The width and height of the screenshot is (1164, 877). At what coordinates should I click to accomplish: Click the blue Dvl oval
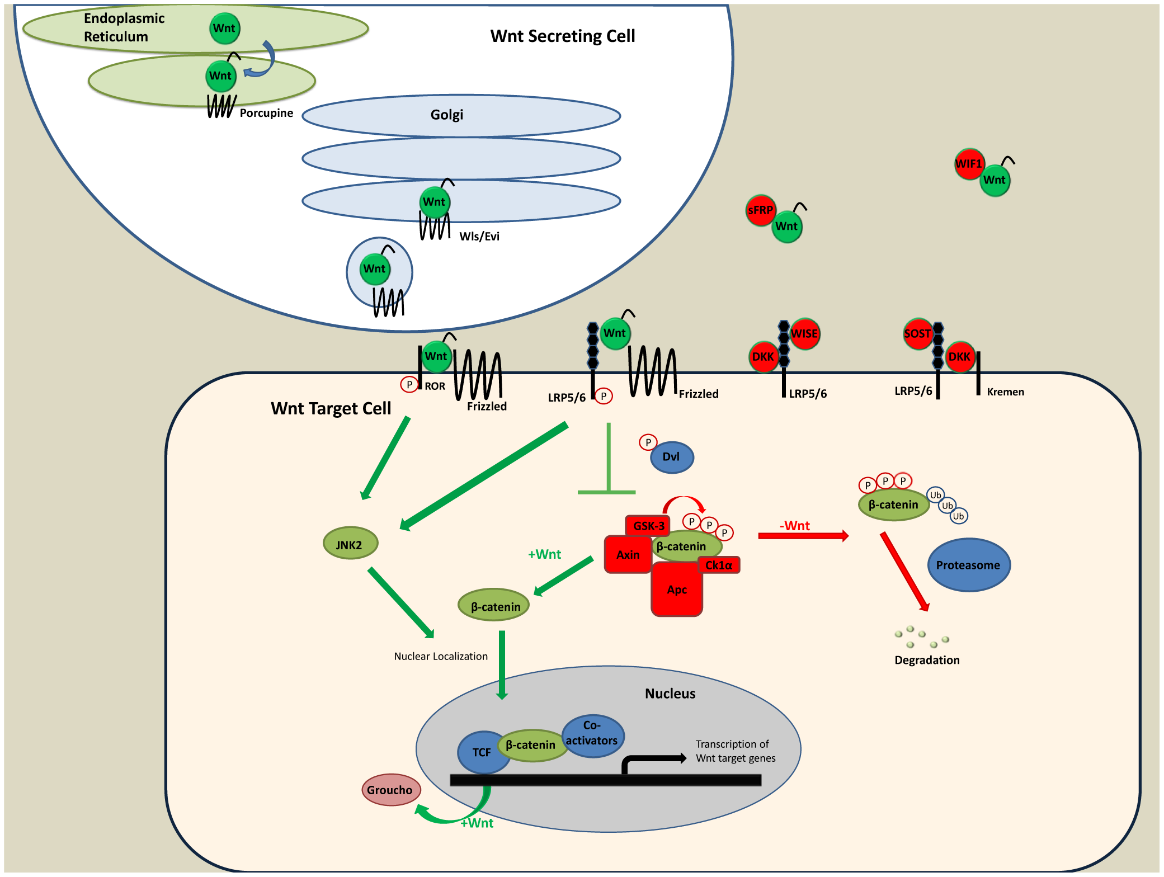tap(672, 457)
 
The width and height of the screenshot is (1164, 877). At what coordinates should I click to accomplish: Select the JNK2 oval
tap(350, 543)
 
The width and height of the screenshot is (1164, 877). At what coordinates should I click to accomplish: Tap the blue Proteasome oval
tap(968, 565)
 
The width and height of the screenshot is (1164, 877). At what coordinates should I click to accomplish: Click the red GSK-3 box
tap(648, 526)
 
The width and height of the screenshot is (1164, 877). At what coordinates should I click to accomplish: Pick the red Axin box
tap(628, 554)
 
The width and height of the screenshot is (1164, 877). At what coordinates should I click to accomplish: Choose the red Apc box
tap(677, 589)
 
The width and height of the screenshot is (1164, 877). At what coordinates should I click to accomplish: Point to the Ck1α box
tap(719, 565)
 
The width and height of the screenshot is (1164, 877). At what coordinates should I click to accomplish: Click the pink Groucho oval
tap(390, 790)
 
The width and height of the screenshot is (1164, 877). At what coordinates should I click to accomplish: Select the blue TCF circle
tap(482, 752)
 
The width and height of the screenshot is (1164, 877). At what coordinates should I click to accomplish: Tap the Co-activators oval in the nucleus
tap(592, 735)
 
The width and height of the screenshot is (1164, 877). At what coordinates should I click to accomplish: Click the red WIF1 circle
tap(969, 164)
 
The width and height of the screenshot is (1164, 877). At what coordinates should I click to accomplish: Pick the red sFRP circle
tap(760, 210)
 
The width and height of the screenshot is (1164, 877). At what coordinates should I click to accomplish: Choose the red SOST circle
tap(918, 334)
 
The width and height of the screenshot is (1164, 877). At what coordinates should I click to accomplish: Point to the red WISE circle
tap(804, 334)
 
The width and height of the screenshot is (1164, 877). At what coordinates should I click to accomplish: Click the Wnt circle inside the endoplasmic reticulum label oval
tap(225, 29)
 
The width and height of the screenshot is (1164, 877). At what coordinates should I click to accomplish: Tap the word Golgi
tap(446, 115)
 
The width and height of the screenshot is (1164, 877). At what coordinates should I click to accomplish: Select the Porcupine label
tap(266, 113)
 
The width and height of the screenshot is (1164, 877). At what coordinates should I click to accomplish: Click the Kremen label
tap(1005, 392)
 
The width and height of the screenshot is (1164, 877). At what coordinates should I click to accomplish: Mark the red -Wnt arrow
tap(803, 536)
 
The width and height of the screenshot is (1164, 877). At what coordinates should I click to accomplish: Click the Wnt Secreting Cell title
tap(563, 36)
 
